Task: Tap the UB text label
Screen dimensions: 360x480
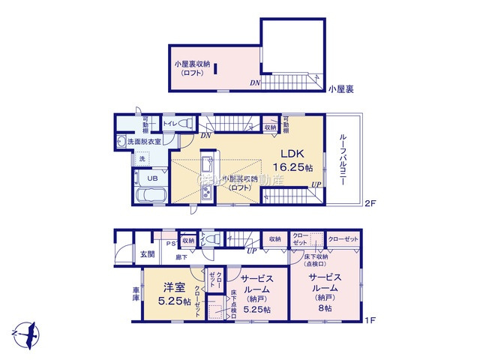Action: pos(151,178)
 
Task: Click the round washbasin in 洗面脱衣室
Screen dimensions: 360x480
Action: pos(121,141)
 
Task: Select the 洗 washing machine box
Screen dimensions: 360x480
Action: pos(141,159)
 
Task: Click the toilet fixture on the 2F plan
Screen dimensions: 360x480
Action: pos(185,123)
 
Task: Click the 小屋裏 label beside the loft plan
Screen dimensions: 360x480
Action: pos(340,88)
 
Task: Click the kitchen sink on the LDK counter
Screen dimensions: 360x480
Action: pos(207,163)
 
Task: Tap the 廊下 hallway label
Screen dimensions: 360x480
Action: pos(181,256)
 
